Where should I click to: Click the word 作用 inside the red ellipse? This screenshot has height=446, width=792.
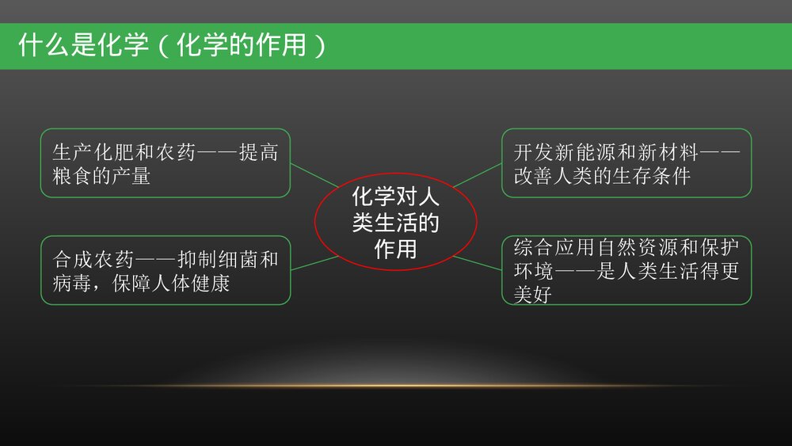395,250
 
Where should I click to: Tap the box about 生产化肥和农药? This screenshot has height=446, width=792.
166,163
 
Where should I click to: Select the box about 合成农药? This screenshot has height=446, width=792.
166,270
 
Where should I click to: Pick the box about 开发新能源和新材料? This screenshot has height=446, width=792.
626,163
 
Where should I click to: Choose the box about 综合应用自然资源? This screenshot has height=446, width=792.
626,270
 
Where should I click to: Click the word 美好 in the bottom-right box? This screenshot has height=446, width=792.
532,295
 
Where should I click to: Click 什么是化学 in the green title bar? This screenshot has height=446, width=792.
83,45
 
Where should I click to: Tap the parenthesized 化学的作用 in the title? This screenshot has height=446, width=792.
242,45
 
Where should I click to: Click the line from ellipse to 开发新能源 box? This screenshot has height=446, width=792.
478,175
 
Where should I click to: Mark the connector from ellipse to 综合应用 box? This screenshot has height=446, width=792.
477,262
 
